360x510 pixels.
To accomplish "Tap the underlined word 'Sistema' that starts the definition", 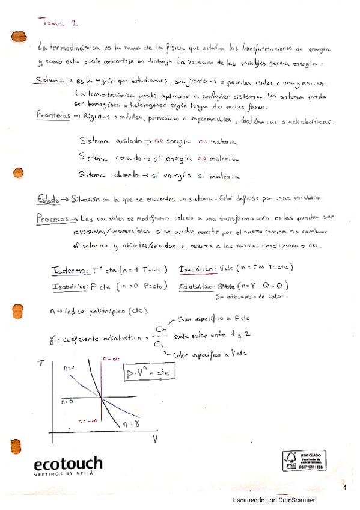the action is tap(50, 82).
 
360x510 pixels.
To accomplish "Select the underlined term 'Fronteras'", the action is tap(54, 115).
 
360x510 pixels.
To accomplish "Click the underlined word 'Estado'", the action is tap(49, 199).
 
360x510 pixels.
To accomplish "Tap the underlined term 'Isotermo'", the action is tap(73, 269).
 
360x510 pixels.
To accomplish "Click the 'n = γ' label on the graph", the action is tap(132, 424).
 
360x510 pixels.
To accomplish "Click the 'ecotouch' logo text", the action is tap(67, 463).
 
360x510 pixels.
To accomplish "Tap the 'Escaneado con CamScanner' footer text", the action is tap(273, 499).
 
